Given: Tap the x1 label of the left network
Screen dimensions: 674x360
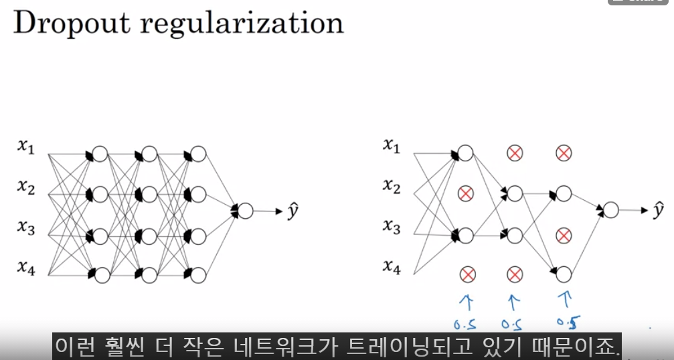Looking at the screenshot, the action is pos(25,147).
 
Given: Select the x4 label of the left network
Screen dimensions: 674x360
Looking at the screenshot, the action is pos(25,268).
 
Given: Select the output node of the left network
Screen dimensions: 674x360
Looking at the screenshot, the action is pos(246,211).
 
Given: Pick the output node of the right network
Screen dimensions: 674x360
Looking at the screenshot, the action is pos(610,210).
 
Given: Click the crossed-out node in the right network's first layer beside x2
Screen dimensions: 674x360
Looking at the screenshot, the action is pos(466,194).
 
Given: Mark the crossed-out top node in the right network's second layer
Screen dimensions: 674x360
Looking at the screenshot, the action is pos(515,154).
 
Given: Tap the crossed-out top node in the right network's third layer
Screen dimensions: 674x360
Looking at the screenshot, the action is pos(564,154).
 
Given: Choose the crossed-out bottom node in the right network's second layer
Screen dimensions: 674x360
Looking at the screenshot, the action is pos(515,274).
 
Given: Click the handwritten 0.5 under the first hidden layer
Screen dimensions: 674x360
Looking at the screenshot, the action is pos(467,326).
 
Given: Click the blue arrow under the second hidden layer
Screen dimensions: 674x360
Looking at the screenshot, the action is pos(514,301).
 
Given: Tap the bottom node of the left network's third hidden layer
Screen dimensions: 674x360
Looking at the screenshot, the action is pos(198,274).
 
